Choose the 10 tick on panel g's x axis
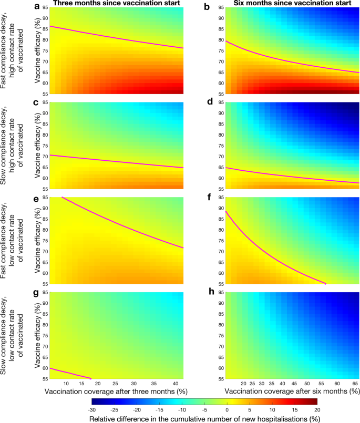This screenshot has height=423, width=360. (66, 384)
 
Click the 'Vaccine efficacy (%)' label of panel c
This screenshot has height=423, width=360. (37, 141)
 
